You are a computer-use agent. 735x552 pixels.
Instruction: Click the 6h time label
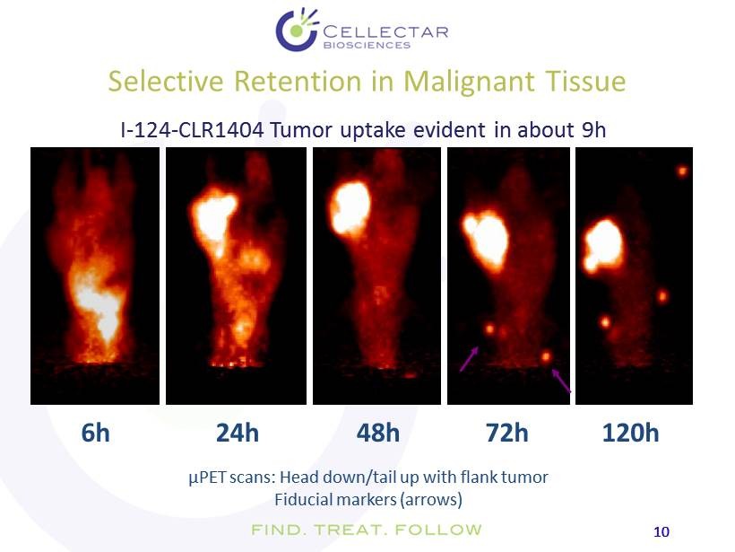point(96,433)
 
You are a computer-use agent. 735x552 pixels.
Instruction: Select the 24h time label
point(238,433)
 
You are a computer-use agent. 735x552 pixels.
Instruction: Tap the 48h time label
point(378,433)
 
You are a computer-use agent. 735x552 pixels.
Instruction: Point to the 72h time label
point(506,433)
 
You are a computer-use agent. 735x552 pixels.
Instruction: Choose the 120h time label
point(630,433)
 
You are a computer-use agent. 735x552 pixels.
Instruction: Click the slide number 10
point(661,532)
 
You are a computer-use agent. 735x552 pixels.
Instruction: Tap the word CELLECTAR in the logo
point(385,32)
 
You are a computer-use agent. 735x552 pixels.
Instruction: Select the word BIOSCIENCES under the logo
point(367,45)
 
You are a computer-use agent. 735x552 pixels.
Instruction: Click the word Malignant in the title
point(469,81)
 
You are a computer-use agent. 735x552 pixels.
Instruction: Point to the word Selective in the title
point(166,81)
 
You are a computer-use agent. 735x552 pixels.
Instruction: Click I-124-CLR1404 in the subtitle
point(192,130)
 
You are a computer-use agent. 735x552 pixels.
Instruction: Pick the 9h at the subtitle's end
point(593,130)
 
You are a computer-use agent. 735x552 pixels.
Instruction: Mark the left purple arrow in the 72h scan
point(469,359)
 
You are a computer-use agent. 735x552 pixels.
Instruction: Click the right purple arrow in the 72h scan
point(561,381)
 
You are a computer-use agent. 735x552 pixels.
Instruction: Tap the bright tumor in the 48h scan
point(350,207)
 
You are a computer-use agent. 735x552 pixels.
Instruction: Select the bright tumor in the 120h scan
point(603,245)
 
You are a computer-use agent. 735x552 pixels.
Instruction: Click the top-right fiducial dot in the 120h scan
point(682,171)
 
